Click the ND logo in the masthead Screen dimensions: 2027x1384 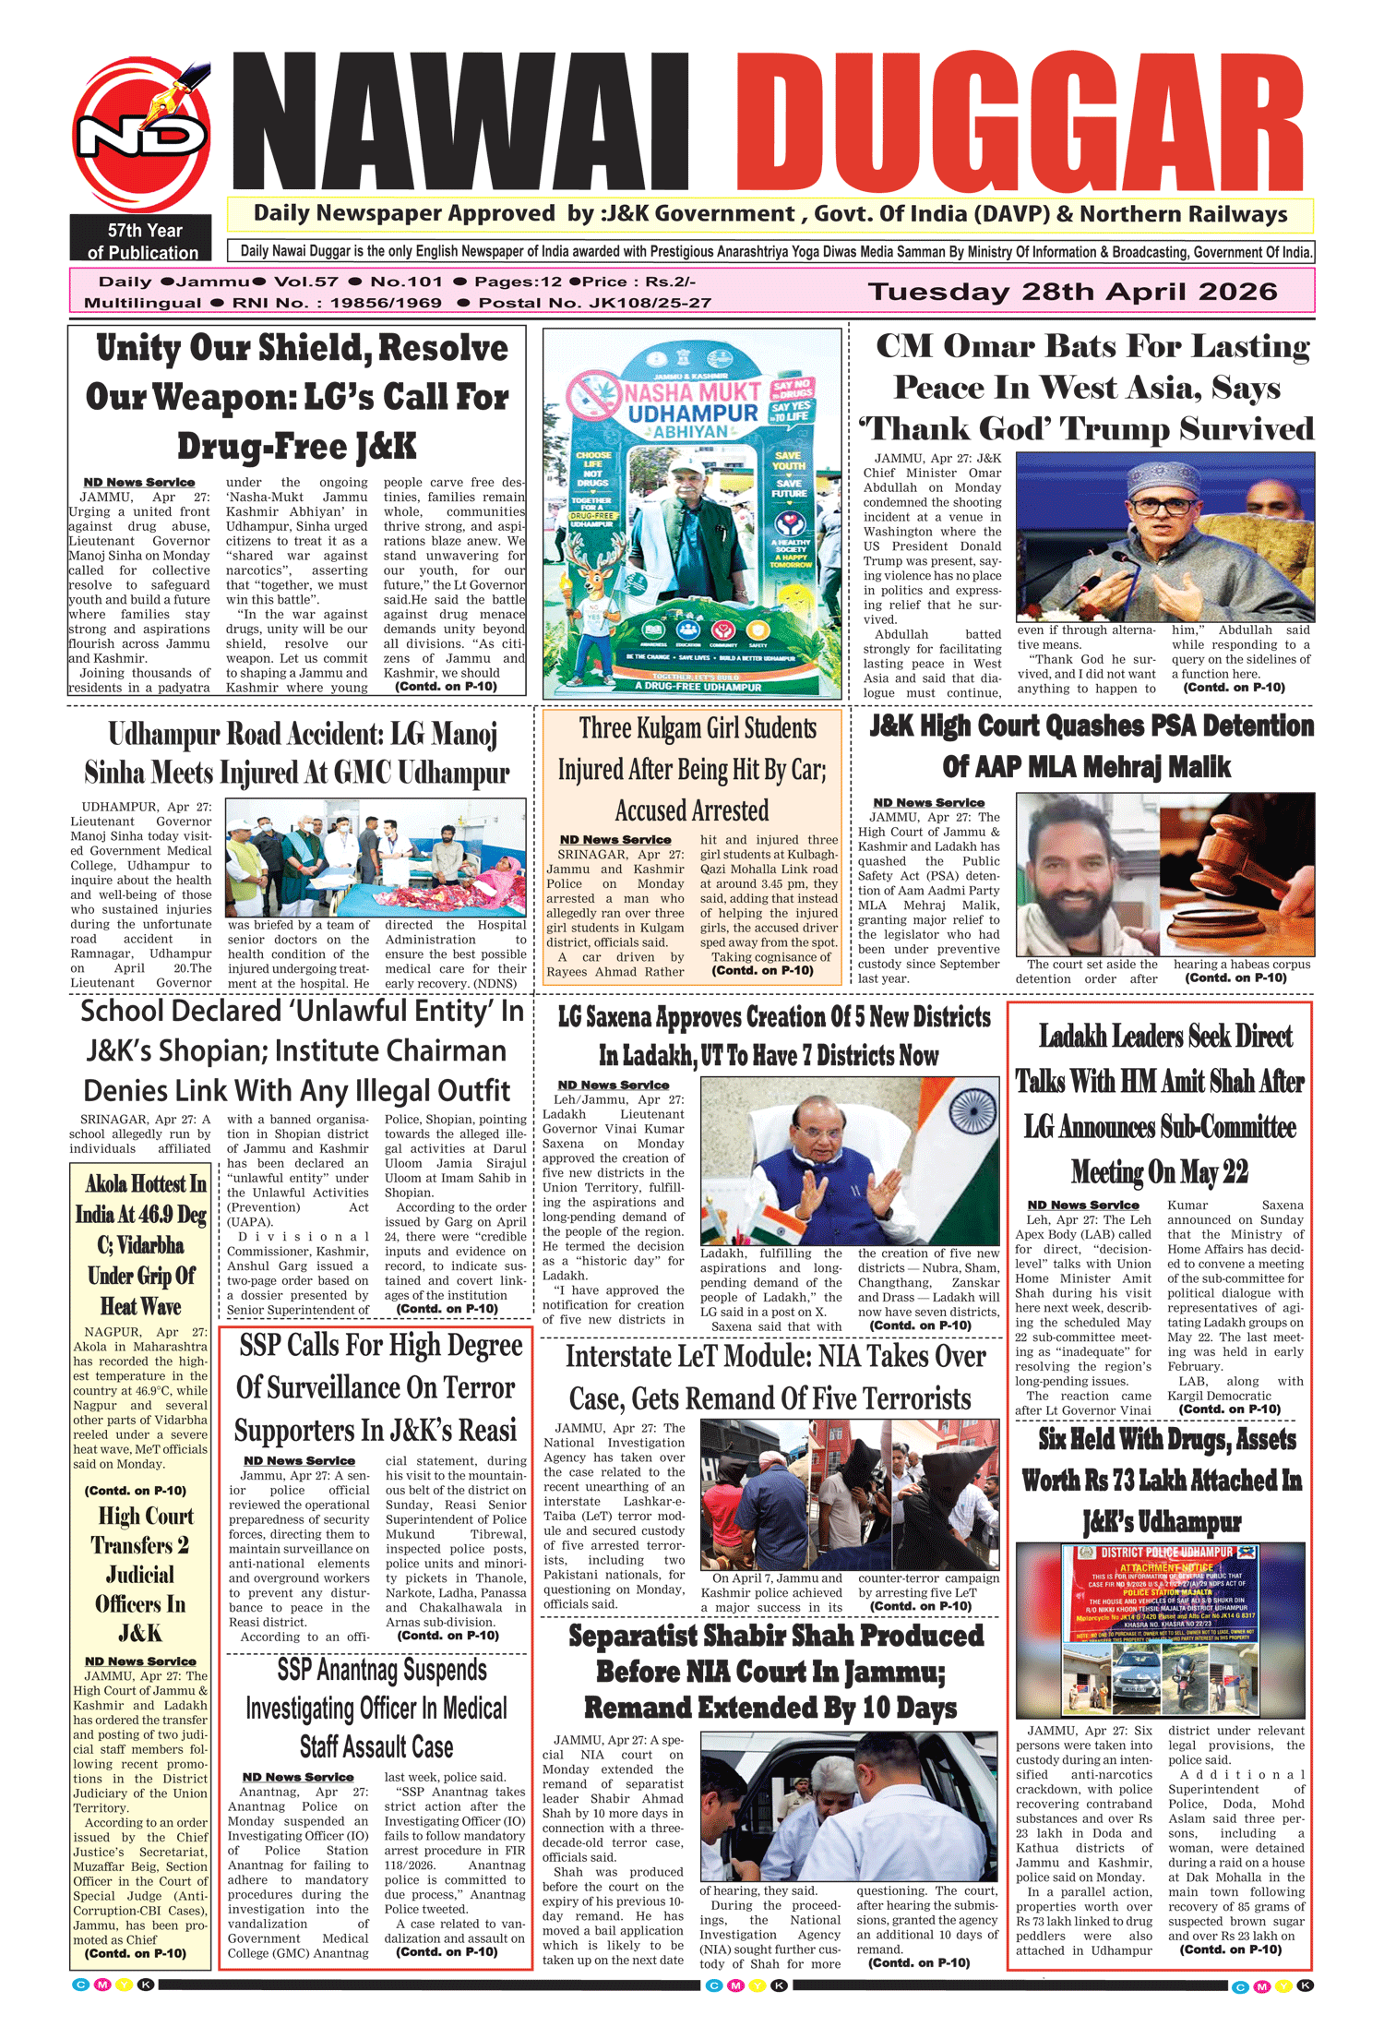click(x=141, y=135)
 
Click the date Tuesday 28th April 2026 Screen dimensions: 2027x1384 click(x=1072, y=292)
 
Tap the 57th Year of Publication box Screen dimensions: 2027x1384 click(x=141, y=241)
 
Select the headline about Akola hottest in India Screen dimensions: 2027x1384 click(x=141, y=1244)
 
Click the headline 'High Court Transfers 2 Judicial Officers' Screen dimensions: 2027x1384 click(x=141, y=1574)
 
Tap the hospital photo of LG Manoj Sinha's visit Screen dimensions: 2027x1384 click(x=376, y=857)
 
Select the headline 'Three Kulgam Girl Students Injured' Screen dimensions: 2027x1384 click(x=692, y=769)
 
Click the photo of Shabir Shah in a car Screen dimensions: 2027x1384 click(x=849, y=1806)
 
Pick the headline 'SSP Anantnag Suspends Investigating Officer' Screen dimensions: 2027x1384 click(x=376, y=1708)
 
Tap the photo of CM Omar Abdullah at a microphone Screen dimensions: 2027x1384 click(x=1164, y=536)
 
